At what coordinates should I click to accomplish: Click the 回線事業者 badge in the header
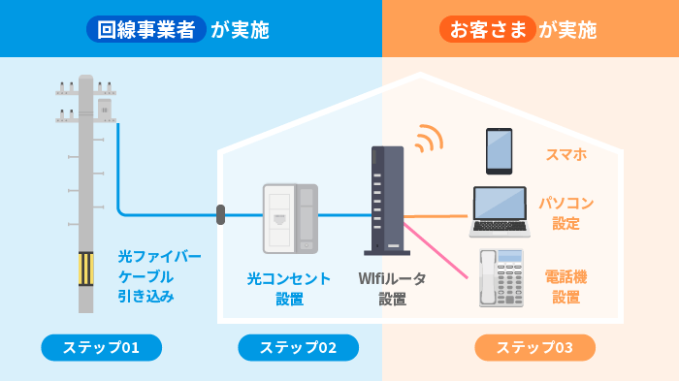click(146, 30)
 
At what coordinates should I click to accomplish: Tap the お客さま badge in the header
click(487, 30)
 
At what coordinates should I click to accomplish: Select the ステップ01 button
click(101, 347)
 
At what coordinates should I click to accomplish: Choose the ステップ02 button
click(298, 347)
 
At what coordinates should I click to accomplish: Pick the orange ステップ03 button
click(534, 347)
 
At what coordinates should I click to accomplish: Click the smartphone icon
click(499, 150)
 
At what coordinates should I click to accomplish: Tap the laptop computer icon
click(499, 211)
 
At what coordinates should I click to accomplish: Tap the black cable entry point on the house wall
click(221, 214)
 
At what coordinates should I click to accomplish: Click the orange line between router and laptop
click(436, 215)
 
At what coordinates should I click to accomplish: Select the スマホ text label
click(566, 153)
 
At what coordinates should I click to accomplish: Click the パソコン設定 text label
click(566, 213)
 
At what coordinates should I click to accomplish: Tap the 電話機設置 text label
click(566, 287)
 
